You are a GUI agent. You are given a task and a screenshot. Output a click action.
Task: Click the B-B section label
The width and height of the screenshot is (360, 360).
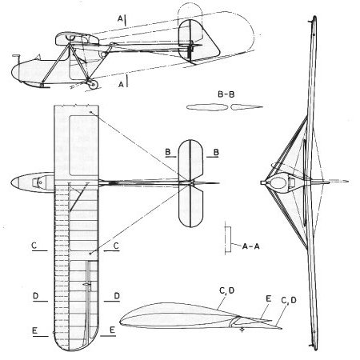(x=226, y=94)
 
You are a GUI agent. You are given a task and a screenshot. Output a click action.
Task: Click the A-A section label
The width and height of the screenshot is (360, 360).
(x=250, y=246)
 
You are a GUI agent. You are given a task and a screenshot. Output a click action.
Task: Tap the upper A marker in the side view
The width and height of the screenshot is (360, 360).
(x=120, y=18)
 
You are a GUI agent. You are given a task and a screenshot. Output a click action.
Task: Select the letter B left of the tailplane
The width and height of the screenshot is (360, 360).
(x=168, y=152)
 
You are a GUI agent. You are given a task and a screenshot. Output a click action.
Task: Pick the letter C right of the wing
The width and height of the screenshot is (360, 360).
(x=116, y=246)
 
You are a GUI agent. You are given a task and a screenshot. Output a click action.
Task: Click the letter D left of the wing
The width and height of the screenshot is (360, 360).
(x=36, y=296)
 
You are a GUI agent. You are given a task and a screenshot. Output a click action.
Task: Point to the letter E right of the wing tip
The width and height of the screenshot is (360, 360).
(x=112, y=330)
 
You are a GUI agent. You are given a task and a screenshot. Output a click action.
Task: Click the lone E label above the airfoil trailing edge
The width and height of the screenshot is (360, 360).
(x=268, y=298)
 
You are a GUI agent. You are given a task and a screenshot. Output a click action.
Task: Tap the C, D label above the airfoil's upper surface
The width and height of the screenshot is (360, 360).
(x=226, y=290)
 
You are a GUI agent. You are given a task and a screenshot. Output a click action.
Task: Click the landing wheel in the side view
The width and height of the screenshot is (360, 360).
(x=93, y=84)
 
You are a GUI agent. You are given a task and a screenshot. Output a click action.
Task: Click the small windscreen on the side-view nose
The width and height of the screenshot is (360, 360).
(x=38, y=57)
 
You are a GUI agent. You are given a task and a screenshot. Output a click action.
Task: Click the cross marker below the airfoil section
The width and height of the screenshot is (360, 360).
(x=242, y=330)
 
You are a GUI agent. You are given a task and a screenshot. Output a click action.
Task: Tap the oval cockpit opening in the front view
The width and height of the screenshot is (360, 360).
(x=278, y=182)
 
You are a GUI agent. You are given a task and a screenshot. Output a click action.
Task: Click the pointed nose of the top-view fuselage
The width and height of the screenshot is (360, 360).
(x=11, y=182)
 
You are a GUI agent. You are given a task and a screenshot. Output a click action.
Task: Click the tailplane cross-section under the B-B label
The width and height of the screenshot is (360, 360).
(x=225, y=107)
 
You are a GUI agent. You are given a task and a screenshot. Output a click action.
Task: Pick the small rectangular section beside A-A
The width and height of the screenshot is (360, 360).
(x=228, y=239)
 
